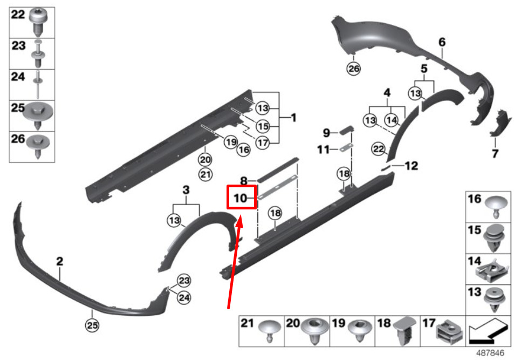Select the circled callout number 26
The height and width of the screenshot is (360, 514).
point(353,69)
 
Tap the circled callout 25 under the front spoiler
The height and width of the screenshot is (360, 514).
point(92,325)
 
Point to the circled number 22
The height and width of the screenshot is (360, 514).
point(378,150)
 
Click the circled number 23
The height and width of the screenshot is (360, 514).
point(183,281)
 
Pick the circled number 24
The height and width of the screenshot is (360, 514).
point(183,297)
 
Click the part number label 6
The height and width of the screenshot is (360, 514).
point(442,42)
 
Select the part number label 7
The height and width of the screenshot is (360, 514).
point(495,153)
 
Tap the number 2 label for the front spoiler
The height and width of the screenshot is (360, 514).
point(59,261)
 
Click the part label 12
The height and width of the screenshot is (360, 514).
point(412,166)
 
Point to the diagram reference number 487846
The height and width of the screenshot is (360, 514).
point(490,353)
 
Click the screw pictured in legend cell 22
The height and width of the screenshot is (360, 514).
point(38,22)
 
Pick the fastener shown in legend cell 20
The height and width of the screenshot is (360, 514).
point(314,331)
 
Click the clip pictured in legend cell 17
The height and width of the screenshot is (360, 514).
point(449,332)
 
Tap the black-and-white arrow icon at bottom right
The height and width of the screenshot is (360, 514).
point(488,331)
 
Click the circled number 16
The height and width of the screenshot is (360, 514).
point(244,150)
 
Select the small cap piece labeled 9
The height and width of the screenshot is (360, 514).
point(346,130)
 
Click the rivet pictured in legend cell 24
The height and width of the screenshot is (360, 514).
point(39,84)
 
